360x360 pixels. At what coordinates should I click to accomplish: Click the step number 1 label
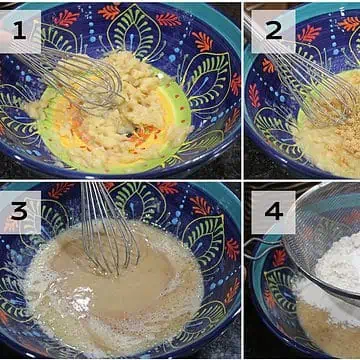(21, 32)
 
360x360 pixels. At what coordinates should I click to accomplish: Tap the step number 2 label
(273, 31)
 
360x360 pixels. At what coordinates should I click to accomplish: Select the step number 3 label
(21, 212)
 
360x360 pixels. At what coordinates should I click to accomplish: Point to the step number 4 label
(273, 212)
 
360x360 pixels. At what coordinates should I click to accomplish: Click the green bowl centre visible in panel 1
(180, 110)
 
